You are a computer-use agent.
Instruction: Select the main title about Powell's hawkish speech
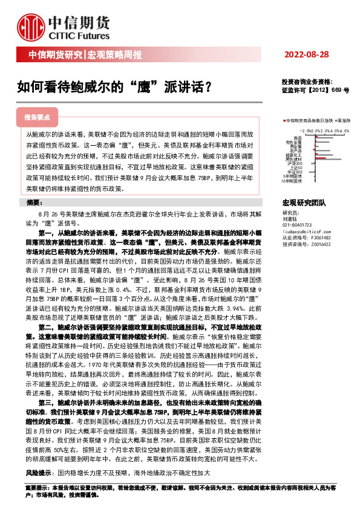pos(114,86)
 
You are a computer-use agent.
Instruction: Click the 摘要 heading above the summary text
pos(35,203)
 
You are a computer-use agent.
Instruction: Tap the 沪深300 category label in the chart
pos(295,164)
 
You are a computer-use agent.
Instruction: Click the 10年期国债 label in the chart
pos(293,181)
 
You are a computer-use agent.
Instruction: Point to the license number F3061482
pos(321,238)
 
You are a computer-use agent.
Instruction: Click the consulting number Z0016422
pos(321,244)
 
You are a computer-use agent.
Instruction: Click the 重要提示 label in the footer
pos(37,487)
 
